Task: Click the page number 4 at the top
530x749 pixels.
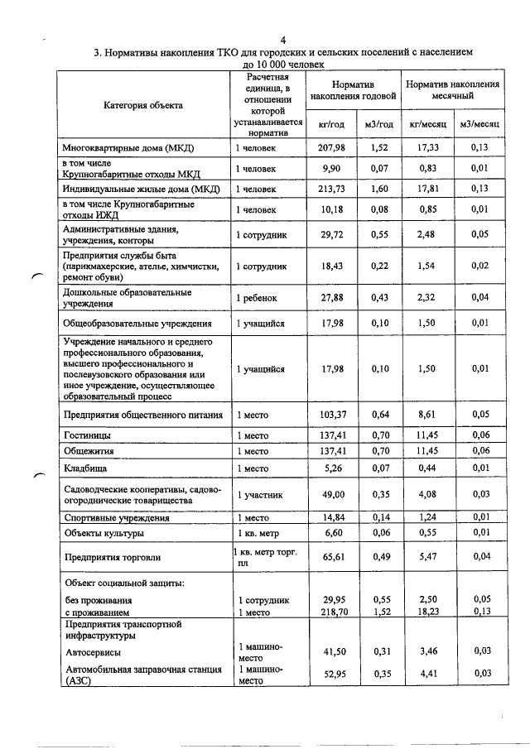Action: coord(282,39)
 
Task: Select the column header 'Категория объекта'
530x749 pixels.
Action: coord(142,105)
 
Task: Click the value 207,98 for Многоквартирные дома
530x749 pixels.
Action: coord(331,147)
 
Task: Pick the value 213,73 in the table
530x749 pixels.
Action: coord(331,190)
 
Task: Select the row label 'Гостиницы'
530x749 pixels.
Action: coord(88,434)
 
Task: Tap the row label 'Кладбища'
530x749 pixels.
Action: coord(86,469)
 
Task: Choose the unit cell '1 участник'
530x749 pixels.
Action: coord(261,495)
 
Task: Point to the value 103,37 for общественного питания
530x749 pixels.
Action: coord(331,415)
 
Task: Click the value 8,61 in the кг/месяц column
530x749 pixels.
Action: coord(427,415)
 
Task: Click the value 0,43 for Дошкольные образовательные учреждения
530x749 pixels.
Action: coord(381,298)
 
